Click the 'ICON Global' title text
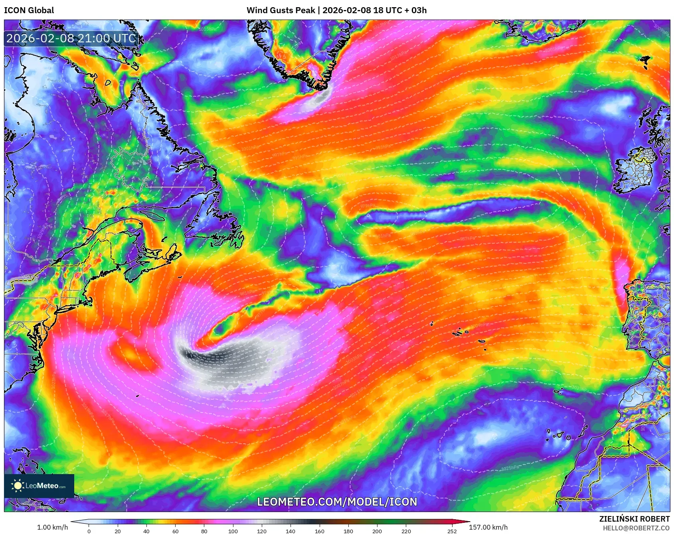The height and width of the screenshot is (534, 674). click(29, 10)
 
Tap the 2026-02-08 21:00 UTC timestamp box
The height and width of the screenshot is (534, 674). click(71, 38)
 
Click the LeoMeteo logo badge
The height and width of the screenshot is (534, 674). click(39, 486)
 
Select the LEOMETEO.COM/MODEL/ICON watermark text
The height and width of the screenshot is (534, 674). click(337, 502)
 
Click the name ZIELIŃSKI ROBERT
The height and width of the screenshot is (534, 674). click(634, 519)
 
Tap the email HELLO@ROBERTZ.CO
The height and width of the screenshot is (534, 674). click(636, 528)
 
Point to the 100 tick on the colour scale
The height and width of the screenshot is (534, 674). click(233, 531)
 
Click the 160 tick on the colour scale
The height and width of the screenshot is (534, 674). click(319, 531)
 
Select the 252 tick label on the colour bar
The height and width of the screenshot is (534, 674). click(452, 531)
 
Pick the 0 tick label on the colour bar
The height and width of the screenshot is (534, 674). click(89, 531)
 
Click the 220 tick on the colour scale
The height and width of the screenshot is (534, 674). click(406, 531)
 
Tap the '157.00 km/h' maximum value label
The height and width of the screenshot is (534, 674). click(488, 527)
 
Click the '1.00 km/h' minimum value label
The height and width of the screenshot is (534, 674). click(52, 527)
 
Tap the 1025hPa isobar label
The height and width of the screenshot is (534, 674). click(510, 468)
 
